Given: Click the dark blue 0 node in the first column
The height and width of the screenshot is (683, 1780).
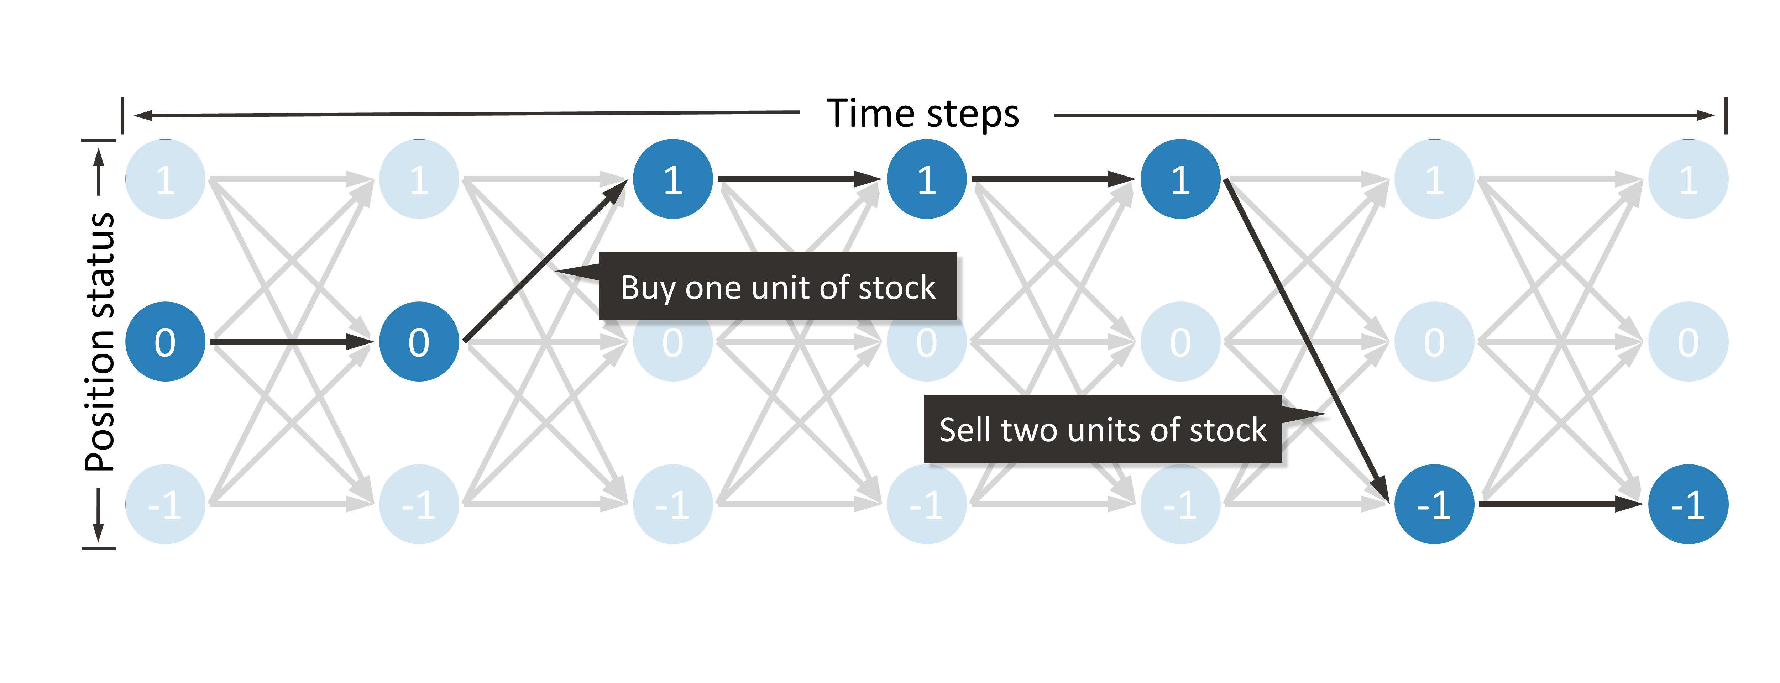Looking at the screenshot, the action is (165, 342).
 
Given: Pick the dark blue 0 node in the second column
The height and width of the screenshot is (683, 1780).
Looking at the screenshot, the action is (419, 342).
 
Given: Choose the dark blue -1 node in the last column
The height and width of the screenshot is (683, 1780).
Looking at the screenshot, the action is (1688, 504).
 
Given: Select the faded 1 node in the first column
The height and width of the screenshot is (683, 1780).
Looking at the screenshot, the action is (165, 179).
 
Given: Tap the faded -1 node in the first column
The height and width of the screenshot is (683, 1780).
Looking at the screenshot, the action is (165, 504).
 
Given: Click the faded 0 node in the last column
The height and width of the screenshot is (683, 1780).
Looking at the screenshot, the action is (1688, 342).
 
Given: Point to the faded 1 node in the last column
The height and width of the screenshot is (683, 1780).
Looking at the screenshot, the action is (1688, 179).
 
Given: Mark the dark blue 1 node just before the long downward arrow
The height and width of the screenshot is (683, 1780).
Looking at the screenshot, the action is (1180, 179).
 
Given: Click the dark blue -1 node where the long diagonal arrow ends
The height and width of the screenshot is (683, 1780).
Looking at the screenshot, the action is (1435, 504).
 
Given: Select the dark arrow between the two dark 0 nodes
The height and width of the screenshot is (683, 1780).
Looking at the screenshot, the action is (292, 342).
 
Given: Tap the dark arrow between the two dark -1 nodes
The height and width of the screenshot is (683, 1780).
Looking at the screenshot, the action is (1561, 504).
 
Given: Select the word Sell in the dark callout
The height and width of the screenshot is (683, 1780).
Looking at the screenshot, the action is (965, 430).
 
